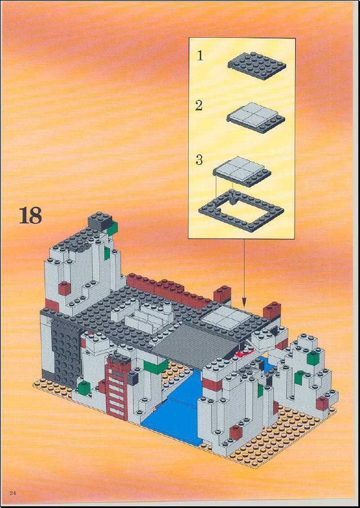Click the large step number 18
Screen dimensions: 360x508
[30, 215]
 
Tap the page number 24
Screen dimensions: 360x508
[12, 493]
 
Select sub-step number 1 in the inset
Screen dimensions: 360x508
[201, 56]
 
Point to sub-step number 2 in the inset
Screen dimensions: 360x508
[199, 105]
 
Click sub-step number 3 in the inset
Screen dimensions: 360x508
[199, 160]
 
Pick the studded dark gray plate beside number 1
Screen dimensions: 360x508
[257, 65]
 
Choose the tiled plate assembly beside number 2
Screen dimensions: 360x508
[256, 117]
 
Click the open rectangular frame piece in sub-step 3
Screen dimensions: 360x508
[241, 211]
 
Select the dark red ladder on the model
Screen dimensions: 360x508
[117, 387]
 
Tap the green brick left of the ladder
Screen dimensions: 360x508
[84, 388]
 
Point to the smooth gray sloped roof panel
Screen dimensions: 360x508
[197, 344]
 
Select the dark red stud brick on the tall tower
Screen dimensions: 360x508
[64, 288]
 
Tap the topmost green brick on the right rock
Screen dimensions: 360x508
[313, 357]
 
